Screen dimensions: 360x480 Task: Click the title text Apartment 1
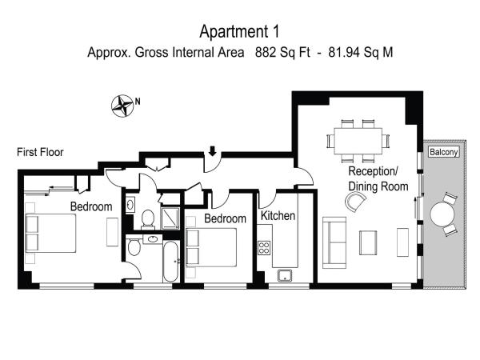click(239, 31)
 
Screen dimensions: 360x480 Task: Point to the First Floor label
click(40, 152)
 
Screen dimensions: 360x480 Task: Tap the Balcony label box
click(443, 152)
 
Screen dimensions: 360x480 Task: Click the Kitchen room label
click(278, 217)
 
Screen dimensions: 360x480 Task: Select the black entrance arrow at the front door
click(212, 151)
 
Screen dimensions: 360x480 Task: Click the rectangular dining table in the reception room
click(357, 141)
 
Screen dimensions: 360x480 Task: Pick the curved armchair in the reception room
click(354, 203)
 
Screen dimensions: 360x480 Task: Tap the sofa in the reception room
click(334, 242)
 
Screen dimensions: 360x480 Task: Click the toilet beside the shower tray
click(147, 218)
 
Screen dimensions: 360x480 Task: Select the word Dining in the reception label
click(366, 186)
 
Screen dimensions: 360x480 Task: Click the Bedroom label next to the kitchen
click(224, 219)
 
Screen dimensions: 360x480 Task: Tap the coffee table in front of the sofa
click(369, 242)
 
